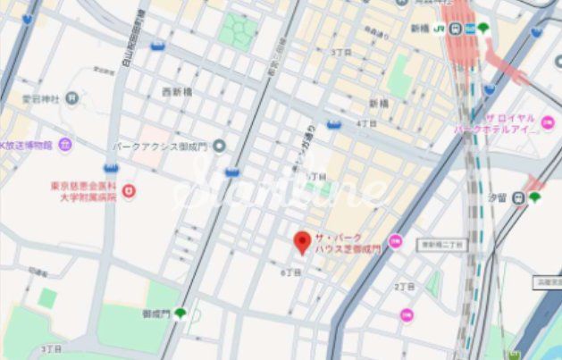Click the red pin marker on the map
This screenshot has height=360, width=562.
click(x=303, y=242)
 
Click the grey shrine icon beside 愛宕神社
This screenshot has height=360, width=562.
click(x=71, y=97)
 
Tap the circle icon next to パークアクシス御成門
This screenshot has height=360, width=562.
click(x=220, y=145)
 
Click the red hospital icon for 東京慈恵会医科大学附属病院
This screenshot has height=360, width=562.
click(x=129, y=191)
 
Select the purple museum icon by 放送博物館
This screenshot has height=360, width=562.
click(x=64, y=144)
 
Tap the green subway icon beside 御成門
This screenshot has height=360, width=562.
click(x=180, y=314)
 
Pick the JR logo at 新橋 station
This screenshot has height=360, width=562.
click(x=440, y=29)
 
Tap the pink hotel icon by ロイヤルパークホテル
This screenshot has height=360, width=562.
click(x=548, y=123)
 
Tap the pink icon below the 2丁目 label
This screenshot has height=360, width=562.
click(x=407, y=314)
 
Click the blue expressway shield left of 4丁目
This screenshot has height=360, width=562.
click(x=334, y=124)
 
